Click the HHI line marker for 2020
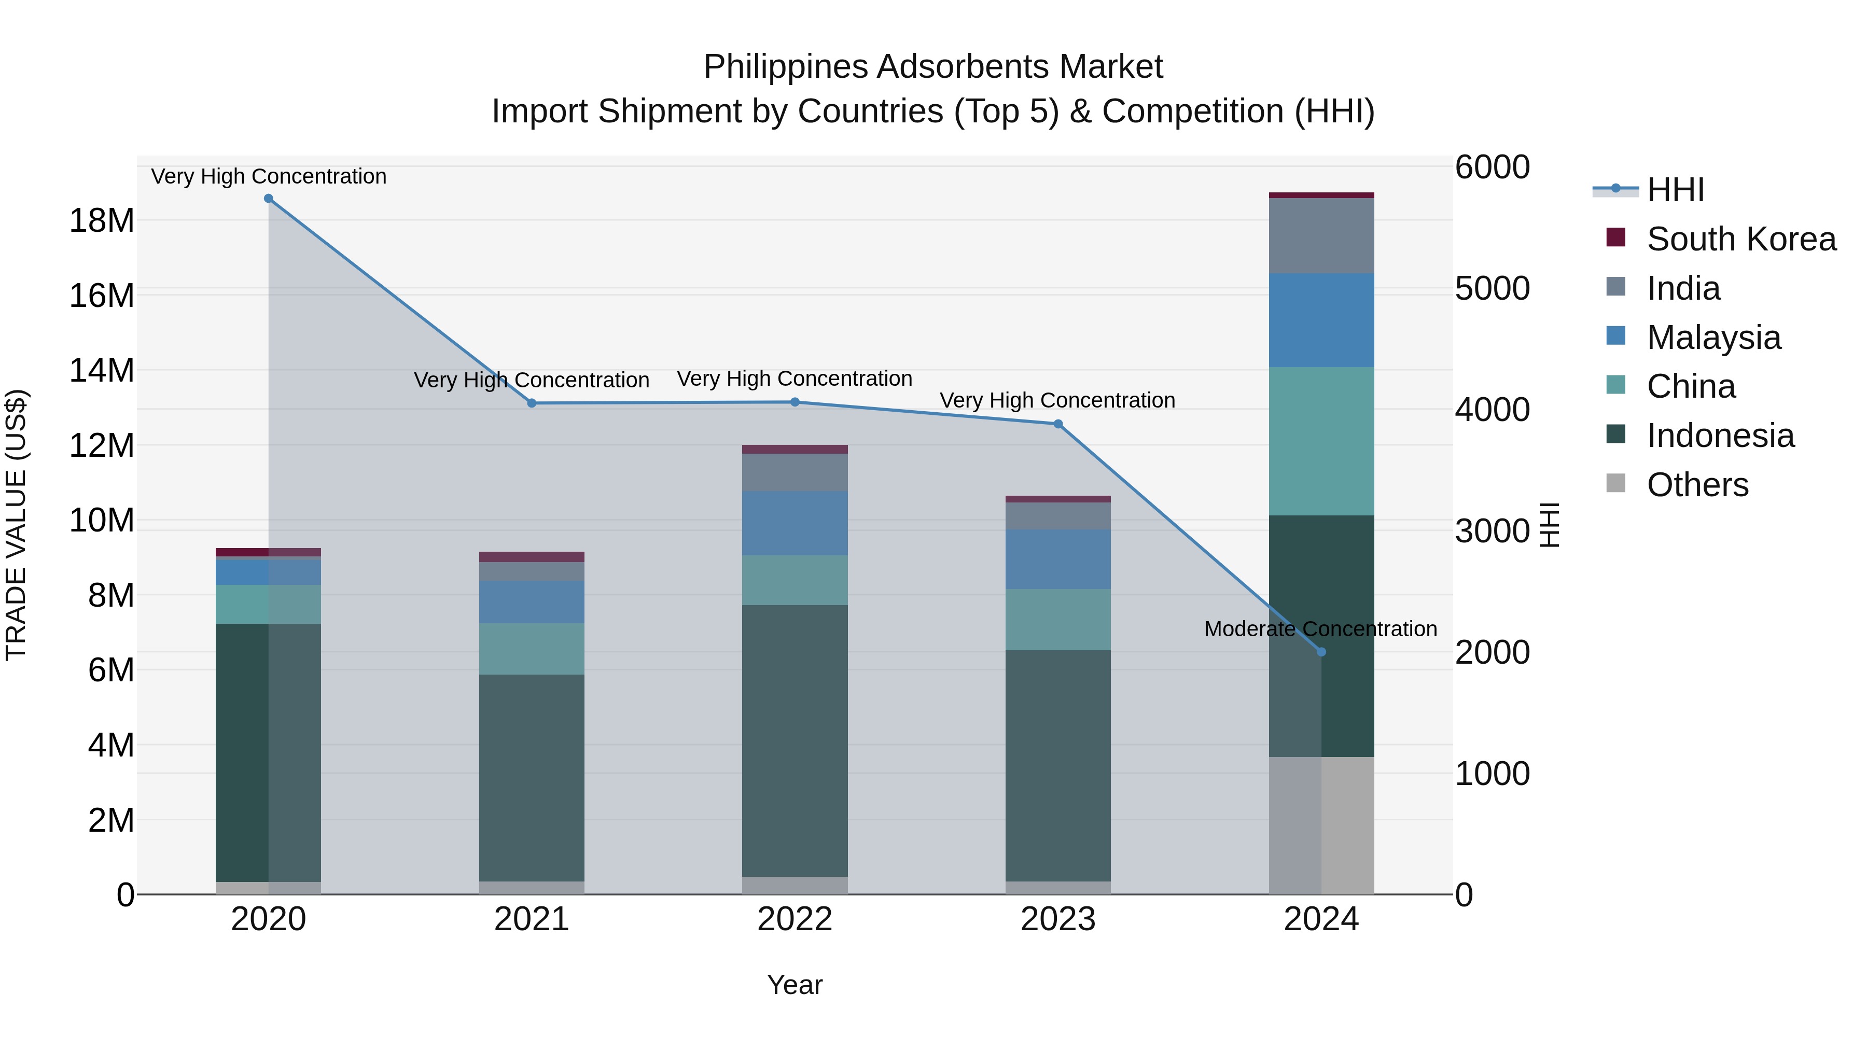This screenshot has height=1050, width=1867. [x=268, y=199]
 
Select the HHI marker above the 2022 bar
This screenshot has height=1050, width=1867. [x=795, y=402]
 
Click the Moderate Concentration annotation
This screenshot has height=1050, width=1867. [x=1320, y=629]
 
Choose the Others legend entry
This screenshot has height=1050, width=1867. [x=1697, y=485]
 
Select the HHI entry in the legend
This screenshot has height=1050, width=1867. [x=1675, y=190]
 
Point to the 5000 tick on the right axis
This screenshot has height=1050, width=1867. [x=1492, y=288]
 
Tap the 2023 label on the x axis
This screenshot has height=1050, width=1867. [x=1057, y=919]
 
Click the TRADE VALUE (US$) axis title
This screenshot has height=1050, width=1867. [x=17, y=525]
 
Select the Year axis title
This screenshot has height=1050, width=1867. [x=795, y=985]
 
